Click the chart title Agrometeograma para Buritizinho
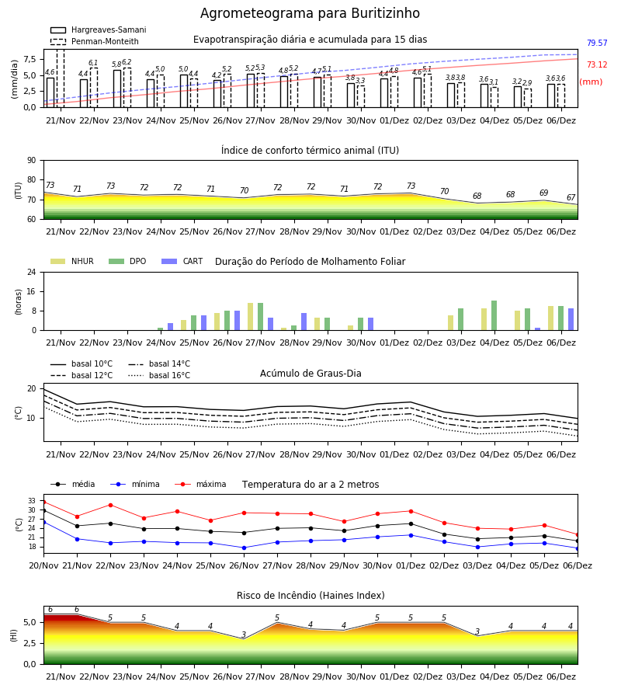(310, 13)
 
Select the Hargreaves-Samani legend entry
(98, 30)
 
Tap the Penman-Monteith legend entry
(95, 41)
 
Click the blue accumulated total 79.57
(597, 43)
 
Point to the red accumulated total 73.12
(597, 64)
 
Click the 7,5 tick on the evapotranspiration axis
(29, 59)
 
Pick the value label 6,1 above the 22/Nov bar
(93, 63)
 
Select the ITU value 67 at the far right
(571, 197)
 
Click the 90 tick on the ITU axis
(31, 161)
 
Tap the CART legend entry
(182, 261)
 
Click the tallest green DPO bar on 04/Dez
(494, 315)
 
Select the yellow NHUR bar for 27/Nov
(251, 317)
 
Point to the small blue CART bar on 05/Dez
(538, 329)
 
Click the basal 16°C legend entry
(159, 375)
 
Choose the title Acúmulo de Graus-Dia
(310, 374)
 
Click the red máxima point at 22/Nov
(110, 505)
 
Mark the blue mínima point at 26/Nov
(244, 548)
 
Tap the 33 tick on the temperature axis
(32, 501)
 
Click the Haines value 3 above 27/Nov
(244, 635)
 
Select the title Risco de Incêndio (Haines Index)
(310, 596)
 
